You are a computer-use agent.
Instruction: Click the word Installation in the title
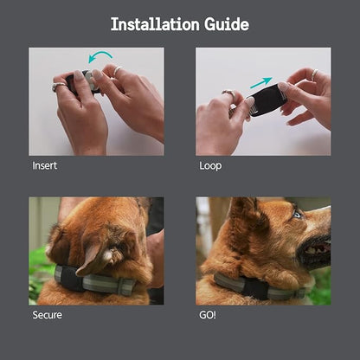[x=155, y=24]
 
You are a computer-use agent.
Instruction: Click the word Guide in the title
[x=227, y=24]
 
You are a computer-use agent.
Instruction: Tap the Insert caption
[x=45, y=165]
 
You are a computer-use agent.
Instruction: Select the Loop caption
[x=210, y=166]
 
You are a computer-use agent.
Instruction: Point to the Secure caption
[x=47, y=315]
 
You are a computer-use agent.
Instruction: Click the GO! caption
[x=208, y=315]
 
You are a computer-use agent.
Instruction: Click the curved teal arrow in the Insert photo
[x=100, y=56]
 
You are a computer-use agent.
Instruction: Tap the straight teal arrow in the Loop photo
[x=261, y=83]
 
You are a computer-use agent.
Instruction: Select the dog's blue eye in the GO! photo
[x=297, y=215]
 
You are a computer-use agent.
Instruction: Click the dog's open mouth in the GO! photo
[x=318, y=248]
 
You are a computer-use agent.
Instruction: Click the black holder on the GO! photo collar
[x=254, y=287]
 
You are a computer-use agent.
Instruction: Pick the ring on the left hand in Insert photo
[x=59, y=86]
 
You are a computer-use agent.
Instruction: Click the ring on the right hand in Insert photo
[x=118, y=70]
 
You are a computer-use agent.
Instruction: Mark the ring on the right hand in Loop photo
[x=314, y=74]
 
